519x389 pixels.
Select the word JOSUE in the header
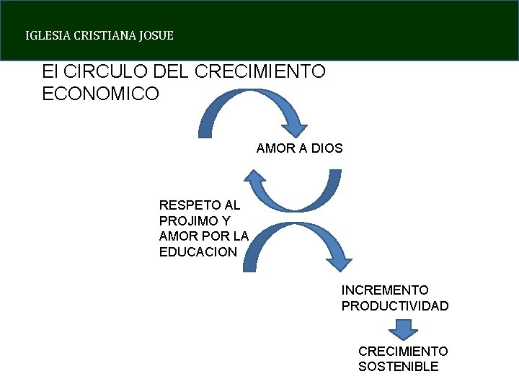(158, 35)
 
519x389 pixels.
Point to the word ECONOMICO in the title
(101, 94)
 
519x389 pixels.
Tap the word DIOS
(326, 148)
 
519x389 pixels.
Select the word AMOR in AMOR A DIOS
(272, 148)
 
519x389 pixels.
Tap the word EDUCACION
(198, 252)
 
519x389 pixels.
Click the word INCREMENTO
(385, 290)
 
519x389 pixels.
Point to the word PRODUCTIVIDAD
(395, 306)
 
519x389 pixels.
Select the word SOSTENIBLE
(398, 367)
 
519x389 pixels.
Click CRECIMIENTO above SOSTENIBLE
(403, 351)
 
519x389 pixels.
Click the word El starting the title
(50, 72)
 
